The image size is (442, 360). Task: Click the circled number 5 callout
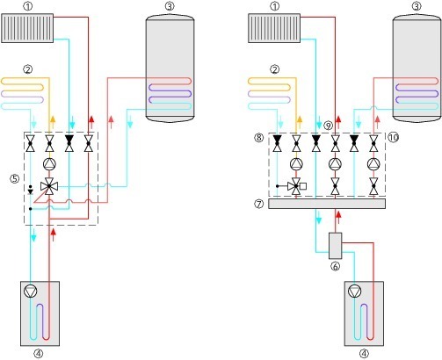click(15, 178)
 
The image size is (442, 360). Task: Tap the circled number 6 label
click(335, 266)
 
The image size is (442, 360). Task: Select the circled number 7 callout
click(259, 204)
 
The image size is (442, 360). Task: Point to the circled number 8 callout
click(259, 137)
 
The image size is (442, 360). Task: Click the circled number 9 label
click(329, 126)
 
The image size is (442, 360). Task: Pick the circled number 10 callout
click(394, 137)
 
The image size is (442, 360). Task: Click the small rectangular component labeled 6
click(335, 246)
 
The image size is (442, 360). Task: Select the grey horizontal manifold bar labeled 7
click(327, 204)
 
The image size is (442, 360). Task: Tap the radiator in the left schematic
click(27, 28)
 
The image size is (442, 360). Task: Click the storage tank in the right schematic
click(417, 67)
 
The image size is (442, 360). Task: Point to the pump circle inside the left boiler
click(31, 292)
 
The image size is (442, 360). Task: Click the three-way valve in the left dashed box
click(49, 186)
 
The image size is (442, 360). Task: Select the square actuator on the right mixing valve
click(303, 186)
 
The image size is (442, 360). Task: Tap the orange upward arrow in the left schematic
click(53, 122)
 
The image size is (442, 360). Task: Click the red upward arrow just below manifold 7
click(338, 218)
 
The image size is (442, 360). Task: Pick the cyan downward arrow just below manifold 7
click(319, 218)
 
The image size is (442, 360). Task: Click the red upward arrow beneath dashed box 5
click(54, 234)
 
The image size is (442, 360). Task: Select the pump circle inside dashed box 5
click(49, 164)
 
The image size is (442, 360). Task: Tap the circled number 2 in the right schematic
click(274, 69)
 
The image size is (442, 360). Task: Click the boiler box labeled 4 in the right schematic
click(364, 313)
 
